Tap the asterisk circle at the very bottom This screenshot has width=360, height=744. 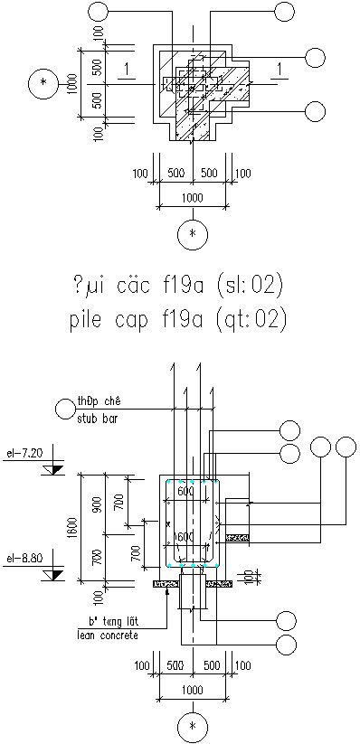192,725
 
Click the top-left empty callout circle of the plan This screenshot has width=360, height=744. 101,12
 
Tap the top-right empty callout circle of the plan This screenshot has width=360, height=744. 285,12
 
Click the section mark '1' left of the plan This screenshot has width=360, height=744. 129,70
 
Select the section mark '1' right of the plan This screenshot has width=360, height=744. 282,70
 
